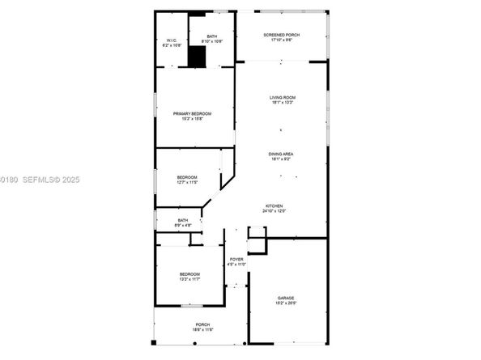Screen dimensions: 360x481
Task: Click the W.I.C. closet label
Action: (172, 40)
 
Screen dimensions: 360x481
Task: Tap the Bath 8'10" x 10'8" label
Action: (211, 36)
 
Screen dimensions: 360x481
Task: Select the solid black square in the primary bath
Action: (197, 57)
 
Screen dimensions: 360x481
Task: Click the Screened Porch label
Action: (281, 36)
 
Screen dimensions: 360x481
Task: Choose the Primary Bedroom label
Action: (192, 113)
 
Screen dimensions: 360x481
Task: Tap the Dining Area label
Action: (281, 154)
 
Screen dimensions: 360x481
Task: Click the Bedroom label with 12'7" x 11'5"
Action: (187, 177)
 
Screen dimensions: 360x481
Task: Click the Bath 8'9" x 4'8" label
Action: (183, 220)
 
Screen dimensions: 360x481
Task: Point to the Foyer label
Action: (236, 259)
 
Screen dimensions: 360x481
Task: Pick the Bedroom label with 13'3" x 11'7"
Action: (189, 274)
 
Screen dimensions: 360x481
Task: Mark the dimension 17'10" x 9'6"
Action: (281, 40)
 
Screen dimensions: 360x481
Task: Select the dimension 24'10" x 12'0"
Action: (276, 211)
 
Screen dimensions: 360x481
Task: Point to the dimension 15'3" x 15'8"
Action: (192, 118)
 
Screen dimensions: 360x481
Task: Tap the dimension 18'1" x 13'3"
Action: (281, 103)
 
